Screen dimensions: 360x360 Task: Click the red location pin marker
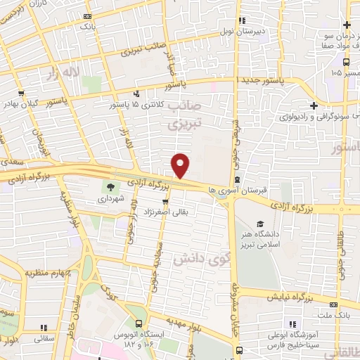coord(181,165)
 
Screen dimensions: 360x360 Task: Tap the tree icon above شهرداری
coord(110,187)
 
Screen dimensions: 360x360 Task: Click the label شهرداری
coord(110,199)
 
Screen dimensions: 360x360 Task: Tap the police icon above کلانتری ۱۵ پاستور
coord(136,93)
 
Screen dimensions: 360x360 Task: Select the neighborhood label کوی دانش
coord(189,256)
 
